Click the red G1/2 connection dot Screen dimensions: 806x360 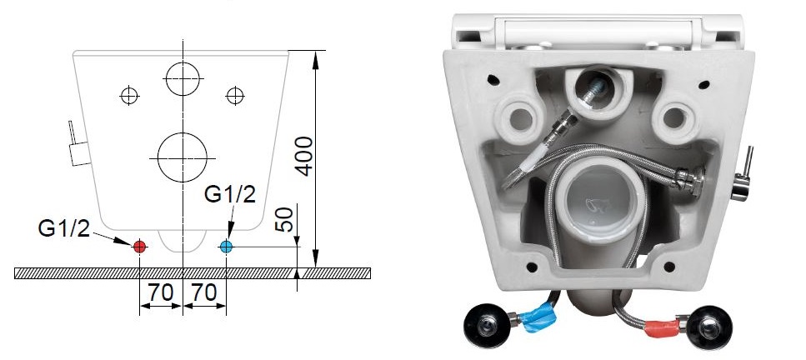pos(139,247)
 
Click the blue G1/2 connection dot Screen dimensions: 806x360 pos(226,247)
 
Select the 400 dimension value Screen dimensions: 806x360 pos(305,157)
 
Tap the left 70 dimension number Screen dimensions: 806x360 pos(161,292)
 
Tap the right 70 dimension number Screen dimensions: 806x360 pos(204,292)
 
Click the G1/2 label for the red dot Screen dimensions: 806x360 pos(63,227)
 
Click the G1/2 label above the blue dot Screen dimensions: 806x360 pos(230,194)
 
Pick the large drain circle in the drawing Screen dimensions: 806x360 pos(183,157)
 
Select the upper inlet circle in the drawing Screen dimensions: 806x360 pos(183,78)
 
